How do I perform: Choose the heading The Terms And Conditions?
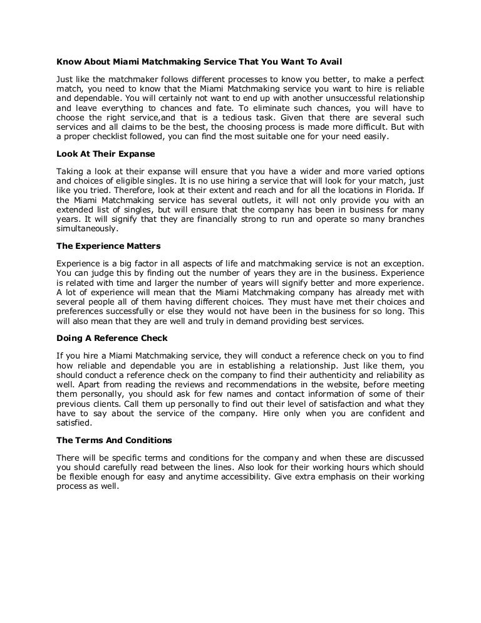click(114, 440)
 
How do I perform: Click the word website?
click(356, 384)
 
